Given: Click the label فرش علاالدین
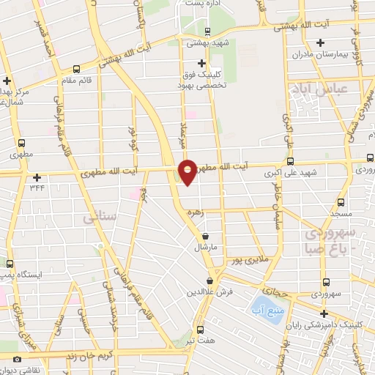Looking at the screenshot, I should click(211, 292).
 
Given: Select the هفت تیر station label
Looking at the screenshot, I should click(201, 341).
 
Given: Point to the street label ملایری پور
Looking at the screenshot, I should click(248, 260).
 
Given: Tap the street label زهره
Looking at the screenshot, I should click(194, 212).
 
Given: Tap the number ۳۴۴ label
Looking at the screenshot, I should click(37, 188).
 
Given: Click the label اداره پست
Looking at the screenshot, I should click(203, 4).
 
